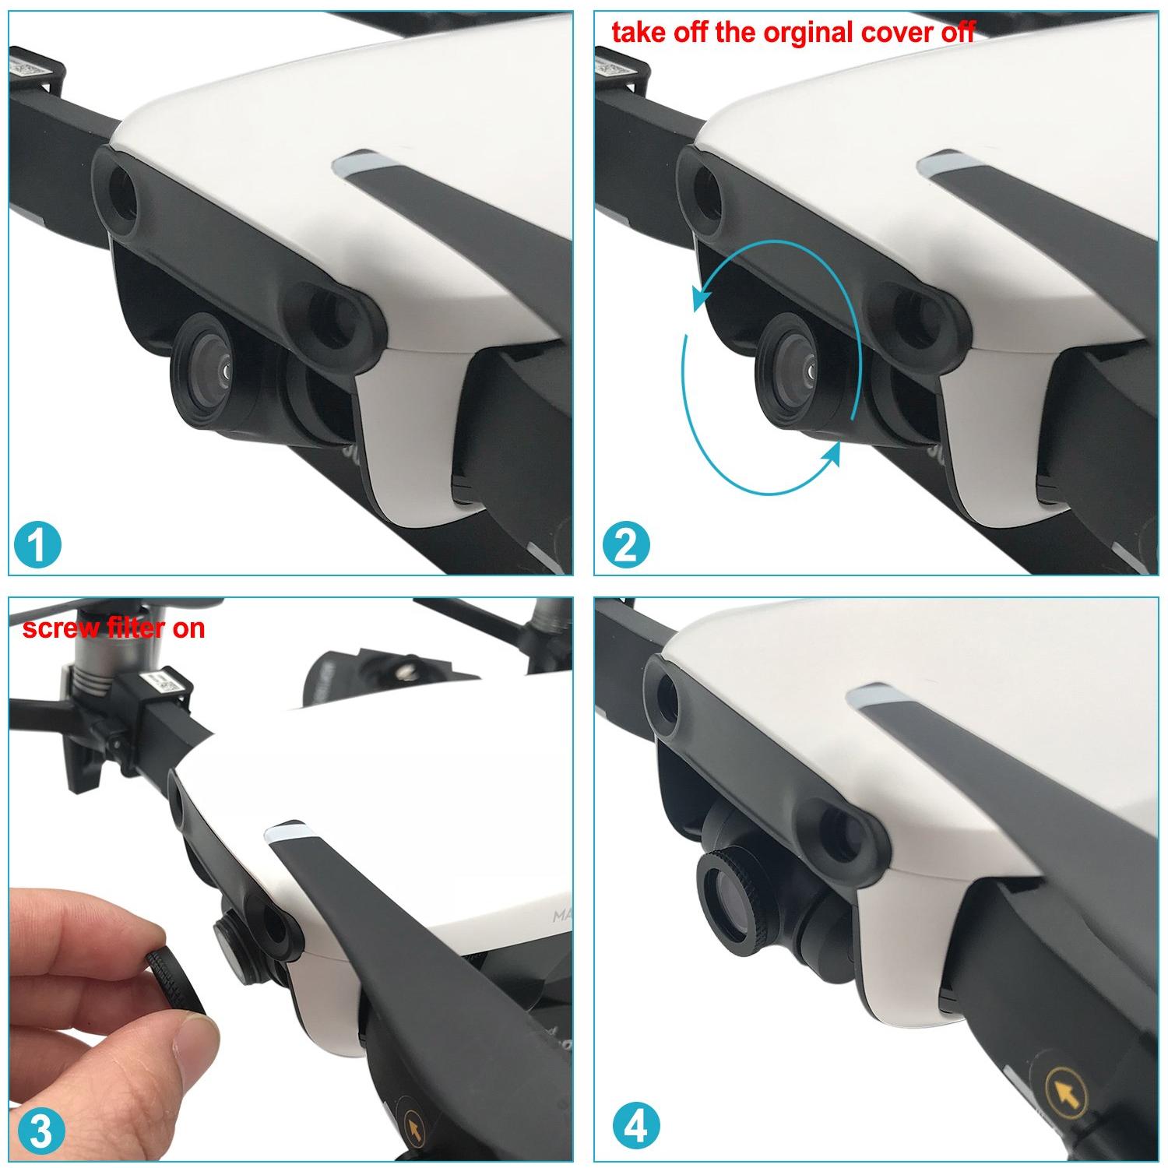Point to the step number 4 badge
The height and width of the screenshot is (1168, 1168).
636,1126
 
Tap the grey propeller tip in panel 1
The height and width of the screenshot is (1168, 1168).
360,165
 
